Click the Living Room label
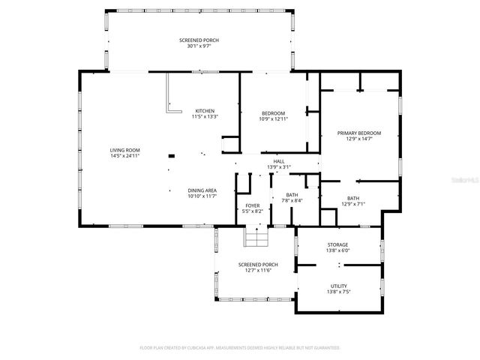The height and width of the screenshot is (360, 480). [125, 150]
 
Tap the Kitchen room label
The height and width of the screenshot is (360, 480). [205, 111]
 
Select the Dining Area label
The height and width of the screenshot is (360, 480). [202, 190]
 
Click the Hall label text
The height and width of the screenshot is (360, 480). [279, 161]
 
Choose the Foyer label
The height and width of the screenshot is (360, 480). [253, 205]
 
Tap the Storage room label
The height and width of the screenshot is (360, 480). [337, 244]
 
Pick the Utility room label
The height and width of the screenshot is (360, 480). [338, 285]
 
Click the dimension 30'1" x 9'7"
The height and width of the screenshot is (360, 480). [199, 46]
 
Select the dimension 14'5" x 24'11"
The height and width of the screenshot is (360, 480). [125, 156]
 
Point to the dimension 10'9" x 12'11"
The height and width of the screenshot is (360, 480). [273, 118]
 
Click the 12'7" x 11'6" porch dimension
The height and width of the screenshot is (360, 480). [258, 270]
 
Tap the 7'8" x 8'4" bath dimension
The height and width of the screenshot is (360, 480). [292, 200]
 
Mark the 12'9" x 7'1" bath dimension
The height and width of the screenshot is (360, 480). [352, 204]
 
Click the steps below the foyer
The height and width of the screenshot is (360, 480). [256, 237]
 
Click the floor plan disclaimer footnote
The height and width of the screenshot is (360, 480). [240, 347]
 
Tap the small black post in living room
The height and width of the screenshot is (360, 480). [172, 156]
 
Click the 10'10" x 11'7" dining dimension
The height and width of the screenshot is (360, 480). [202, 196]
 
